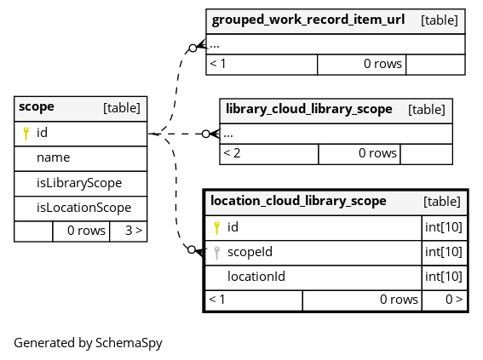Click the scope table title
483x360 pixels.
coord(37,106)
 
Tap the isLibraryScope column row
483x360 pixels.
coord(79,183)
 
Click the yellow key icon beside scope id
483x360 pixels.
coord(26,134)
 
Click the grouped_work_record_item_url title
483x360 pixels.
coord(308,20)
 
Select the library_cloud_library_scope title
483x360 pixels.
coord(309,109)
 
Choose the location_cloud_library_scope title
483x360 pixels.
coord(298,201)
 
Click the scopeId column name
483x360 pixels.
coord(250,252)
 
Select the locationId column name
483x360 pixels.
coord(256,277)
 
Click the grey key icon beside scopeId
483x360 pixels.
coord(217,253)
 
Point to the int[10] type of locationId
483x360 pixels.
coord(444,277)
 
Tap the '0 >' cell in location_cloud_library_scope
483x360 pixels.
coord(454,299)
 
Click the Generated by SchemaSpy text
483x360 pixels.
coord(88,343)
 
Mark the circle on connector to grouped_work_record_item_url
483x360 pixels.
coord(193,48)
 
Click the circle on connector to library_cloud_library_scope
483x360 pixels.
coord(206,134)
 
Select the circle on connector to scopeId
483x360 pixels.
coord(192,249)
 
